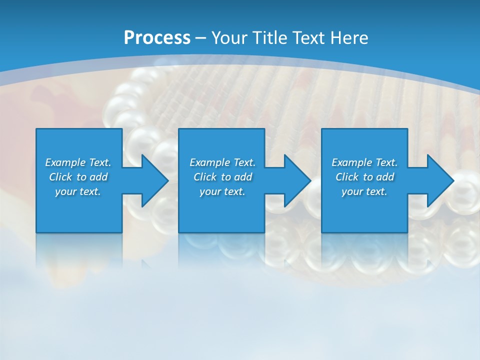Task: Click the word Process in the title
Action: [157, 38]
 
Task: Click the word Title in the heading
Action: [271, 38]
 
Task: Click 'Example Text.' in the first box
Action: [78, 162]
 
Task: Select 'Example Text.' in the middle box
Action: [222, 162]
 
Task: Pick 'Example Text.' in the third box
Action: [364, 162]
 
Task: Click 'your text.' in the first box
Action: [78, 191]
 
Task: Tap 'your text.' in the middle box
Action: [222, 191]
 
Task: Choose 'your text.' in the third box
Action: [364, 191]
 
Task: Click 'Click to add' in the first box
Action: [78, 177]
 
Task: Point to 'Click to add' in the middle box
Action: [222, 177]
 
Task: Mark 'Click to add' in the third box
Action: [364, 177]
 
